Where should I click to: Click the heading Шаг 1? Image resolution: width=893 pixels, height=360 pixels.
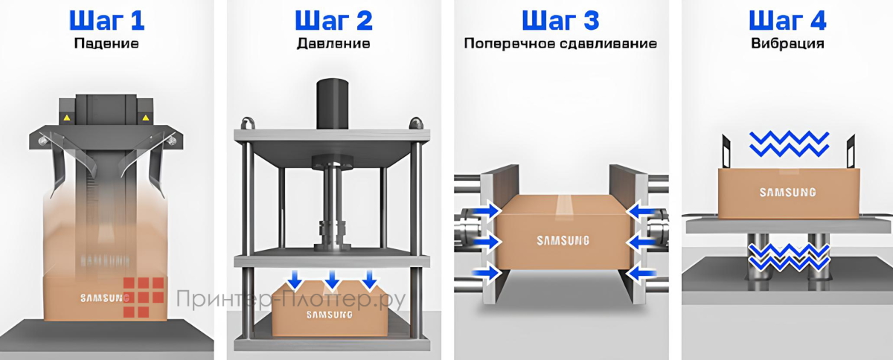pyautogui.click(x=106, y=19)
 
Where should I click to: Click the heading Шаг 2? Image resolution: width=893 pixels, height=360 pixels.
pyautogui.click(x=333, y=19)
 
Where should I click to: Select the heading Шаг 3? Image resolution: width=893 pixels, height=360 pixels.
pyautogui.click(x=560, y=19)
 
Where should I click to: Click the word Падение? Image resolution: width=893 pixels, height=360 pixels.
pyautogui.click(x=106, y=43)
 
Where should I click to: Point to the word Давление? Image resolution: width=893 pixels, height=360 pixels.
pyautogui.click(x=333, y=43)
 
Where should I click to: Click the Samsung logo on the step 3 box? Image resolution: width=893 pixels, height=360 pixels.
pyautogui.click(x=563, y=240)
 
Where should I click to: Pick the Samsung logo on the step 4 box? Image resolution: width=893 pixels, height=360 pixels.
pyautogui.click(x=787, y=192)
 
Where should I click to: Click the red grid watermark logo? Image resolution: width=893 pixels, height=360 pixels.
pyautogui.click(x=144, y=298)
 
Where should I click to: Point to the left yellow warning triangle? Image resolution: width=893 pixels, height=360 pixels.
pyautogui.click(x=66, y=118)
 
